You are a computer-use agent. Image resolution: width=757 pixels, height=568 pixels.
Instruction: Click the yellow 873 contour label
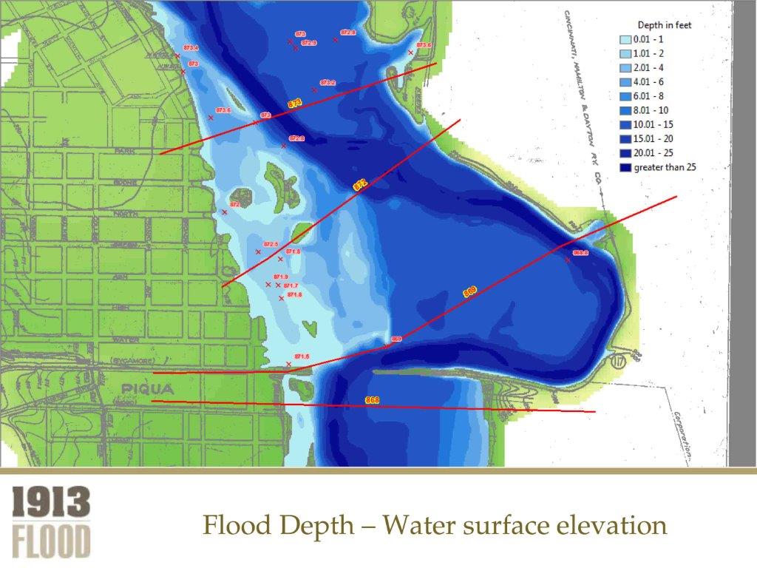tap(294, 104)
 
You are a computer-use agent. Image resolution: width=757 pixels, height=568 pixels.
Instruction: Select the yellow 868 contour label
tap(372, 400)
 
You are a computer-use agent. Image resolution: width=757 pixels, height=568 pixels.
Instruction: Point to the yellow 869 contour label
tap(469, 292)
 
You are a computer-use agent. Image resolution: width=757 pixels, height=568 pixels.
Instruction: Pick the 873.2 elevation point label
tap(327, 83)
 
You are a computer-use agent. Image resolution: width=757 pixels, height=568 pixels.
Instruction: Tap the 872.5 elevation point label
tap(271, 244)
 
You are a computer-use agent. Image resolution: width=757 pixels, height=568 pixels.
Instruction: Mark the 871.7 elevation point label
tap(291, 285)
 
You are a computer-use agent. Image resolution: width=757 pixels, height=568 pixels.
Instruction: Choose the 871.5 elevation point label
tap(302, 356)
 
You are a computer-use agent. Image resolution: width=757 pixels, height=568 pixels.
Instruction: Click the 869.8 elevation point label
tap(580, 253)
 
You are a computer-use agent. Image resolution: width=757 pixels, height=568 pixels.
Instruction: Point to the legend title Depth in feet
tap(665, 25)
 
